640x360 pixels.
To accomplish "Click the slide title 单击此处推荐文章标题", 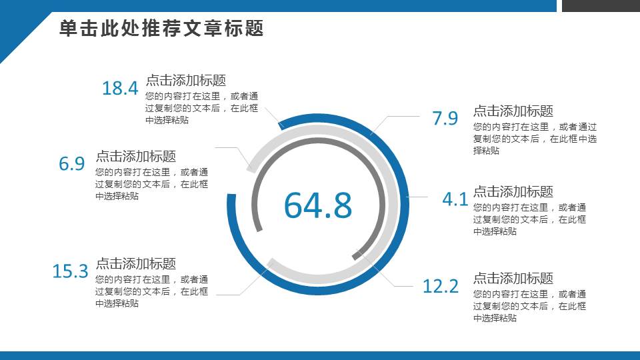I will coord(162,29).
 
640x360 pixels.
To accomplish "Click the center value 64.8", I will coord(318,205).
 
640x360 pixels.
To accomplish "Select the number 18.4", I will coord(120,88).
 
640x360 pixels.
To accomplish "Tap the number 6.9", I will coord(72,164).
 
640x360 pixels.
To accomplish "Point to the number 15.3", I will coord(70,271).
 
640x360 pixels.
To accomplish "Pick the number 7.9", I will coord(445,119).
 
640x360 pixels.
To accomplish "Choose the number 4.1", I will coord(455,199).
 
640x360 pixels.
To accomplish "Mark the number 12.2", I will coord(441,287).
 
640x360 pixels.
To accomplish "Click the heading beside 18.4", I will coord(186,80).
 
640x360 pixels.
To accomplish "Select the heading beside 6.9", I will coord(136,156).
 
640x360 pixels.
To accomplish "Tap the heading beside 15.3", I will coord(136,263).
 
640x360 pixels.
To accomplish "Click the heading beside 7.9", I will coord(513,111).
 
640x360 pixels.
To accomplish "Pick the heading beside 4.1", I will coord(513,191).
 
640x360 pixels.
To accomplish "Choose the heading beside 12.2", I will coord(513,278).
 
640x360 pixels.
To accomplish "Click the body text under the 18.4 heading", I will coord(202,108).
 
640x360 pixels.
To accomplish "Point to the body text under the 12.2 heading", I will coord(530,306).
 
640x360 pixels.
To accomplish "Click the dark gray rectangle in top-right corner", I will coord(601,5).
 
